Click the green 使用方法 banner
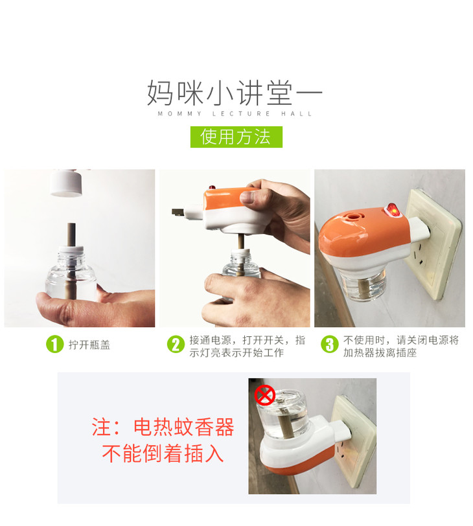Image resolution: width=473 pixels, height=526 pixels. [236, 137]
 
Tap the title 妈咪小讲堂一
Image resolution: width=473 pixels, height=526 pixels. [235, 93]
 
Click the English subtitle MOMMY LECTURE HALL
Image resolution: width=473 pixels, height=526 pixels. [235, 114]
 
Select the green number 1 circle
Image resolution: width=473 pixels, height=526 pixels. [54, 345]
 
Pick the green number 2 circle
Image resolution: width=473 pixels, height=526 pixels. [176, 345]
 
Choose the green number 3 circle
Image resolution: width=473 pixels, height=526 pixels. [329, 345]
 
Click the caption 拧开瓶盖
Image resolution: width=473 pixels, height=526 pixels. [89, 345]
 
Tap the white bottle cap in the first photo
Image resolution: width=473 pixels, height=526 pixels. [67, 183]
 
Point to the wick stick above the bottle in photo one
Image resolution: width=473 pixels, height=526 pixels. [71, 234]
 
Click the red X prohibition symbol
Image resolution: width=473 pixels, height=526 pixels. [264, 396]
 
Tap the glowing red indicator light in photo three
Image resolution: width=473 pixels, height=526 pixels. [392, 210]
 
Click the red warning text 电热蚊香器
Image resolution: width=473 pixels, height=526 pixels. [183, 427]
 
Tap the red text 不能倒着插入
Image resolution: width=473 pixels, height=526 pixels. [163, 453]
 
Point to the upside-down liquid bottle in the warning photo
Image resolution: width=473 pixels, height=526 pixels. [282, 415]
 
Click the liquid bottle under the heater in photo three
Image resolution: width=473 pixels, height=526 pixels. [361, 286]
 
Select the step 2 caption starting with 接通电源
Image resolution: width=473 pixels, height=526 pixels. [248, 346]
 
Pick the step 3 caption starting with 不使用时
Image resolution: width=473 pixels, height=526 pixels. [401, 346]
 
